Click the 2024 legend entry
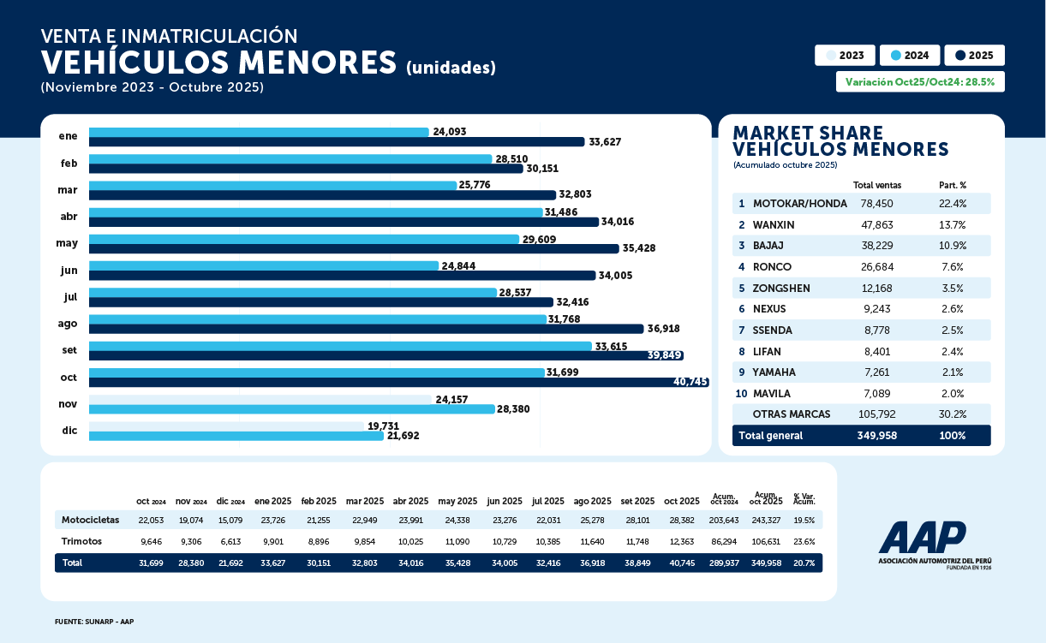click(910, 56)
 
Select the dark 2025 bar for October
click(398, 383)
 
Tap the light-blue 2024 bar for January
click(259, 132)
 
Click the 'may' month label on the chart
click(67, 243)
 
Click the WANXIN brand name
click(774, 225)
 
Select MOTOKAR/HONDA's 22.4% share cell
click(952, 204)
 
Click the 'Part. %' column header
click(951, 185)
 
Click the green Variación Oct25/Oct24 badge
click(920, 82)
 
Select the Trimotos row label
click(82, 541)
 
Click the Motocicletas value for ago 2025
click(593, 520)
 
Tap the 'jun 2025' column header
click(505, 501)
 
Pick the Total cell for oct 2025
click(682, 563)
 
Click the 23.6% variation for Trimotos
click(805, 541)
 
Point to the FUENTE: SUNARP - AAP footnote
click(94, 622)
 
